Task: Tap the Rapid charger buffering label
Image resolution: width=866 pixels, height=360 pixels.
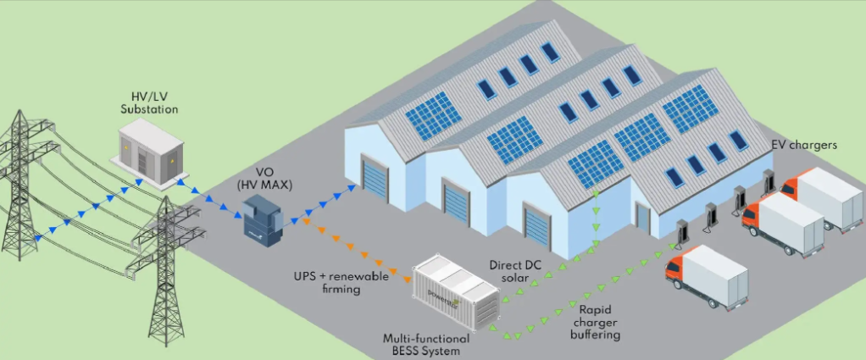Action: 600,321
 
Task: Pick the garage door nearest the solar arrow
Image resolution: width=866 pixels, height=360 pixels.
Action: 537,228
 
